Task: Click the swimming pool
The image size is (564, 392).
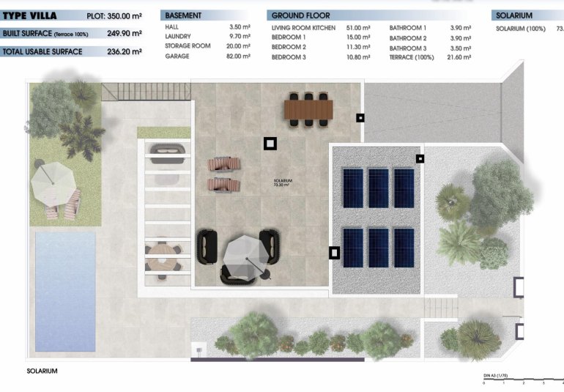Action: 65,291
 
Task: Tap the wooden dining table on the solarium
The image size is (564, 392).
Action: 308,109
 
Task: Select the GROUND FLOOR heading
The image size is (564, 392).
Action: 300,15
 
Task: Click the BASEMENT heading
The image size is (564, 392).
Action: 183,15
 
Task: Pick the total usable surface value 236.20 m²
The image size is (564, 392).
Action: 125,52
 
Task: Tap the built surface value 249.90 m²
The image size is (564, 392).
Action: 125,33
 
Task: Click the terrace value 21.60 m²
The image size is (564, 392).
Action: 459,56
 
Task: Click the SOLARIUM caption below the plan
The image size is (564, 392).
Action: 41,371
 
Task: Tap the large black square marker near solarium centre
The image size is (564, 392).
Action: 270,144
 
